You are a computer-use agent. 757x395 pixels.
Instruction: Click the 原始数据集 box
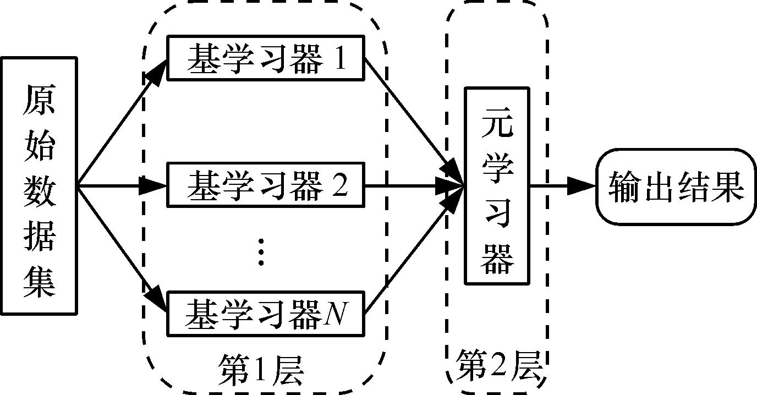pos(38,185)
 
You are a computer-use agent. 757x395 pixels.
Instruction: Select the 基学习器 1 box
pos(266,58)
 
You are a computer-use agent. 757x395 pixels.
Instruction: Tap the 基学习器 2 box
pos(266,185)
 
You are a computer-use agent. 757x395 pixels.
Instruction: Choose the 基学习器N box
pos(266,314)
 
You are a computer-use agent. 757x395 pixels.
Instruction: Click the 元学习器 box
pos(497,185)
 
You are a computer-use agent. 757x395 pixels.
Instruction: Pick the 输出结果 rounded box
pos(676,186)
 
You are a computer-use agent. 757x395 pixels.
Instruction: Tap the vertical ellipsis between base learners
pos(262,252)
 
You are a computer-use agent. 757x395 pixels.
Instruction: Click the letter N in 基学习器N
pos(335,315)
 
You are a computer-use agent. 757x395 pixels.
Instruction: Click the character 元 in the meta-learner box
pos(497,125)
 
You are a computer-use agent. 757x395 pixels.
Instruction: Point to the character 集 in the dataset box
pos(38,284)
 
